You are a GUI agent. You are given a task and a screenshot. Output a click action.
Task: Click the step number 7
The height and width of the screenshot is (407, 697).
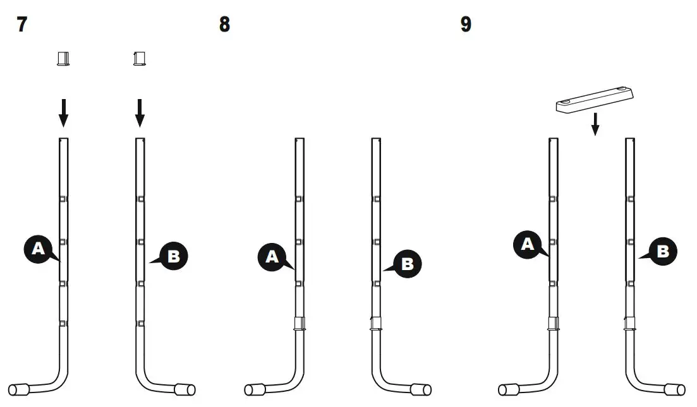click(x=22, y=25)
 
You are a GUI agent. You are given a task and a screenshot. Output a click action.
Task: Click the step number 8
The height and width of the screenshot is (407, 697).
click(x=224, y=25)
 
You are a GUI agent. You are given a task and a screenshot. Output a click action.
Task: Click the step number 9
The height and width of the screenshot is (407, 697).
click(x=466, y=25)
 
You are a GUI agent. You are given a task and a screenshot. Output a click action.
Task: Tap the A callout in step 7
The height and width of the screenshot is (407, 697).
click(x=39, y=249)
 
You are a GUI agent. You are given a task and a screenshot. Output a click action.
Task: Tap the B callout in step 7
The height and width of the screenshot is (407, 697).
click(x=174, y=256)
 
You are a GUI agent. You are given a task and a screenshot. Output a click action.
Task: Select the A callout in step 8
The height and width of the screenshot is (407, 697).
click(x=272, y=257)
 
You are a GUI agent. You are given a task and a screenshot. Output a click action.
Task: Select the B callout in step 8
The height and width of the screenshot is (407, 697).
click(x=408, y=264)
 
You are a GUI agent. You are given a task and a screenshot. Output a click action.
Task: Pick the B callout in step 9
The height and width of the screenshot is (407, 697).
click(x=662, y=252)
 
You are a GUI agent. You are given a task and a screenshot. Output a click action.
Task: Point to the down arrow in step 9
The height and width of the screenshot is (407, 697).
click(x=595, y=123)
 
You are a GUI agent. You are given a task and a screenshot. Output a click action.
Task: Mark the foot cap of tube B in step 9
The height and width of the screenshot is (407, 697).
click(x=675, y=389)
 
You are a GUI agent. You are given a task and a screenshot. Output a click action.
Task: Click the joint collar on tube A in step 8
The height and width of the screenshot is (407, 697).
click(x=300, y=323)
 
